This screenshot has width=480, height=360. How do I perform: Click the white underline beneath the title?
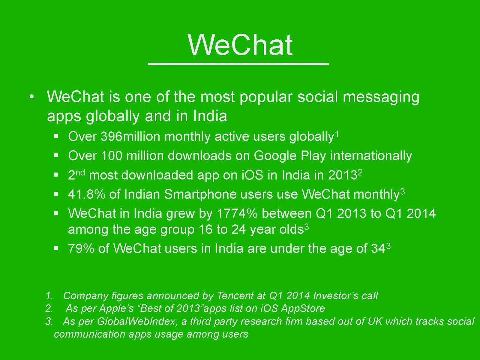click(x=238, y=64)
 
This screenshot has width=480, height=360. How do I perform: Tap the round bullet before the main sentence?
click(x=32, y=97)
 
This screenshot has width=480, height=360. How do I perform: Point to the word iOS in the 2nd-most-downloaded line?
click(x=252, y=175)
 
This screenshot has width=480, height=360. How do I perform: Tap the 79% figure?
click(x=81, y=248)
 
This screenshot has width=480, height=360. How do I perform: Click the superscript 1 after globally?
click(x=337, y=133)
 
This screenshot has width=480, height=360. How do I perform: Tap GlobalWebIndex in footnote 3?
click(x=136, y=321)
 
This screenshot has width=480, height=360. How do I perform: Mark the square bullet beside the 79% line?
click(x=56, y=248)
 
